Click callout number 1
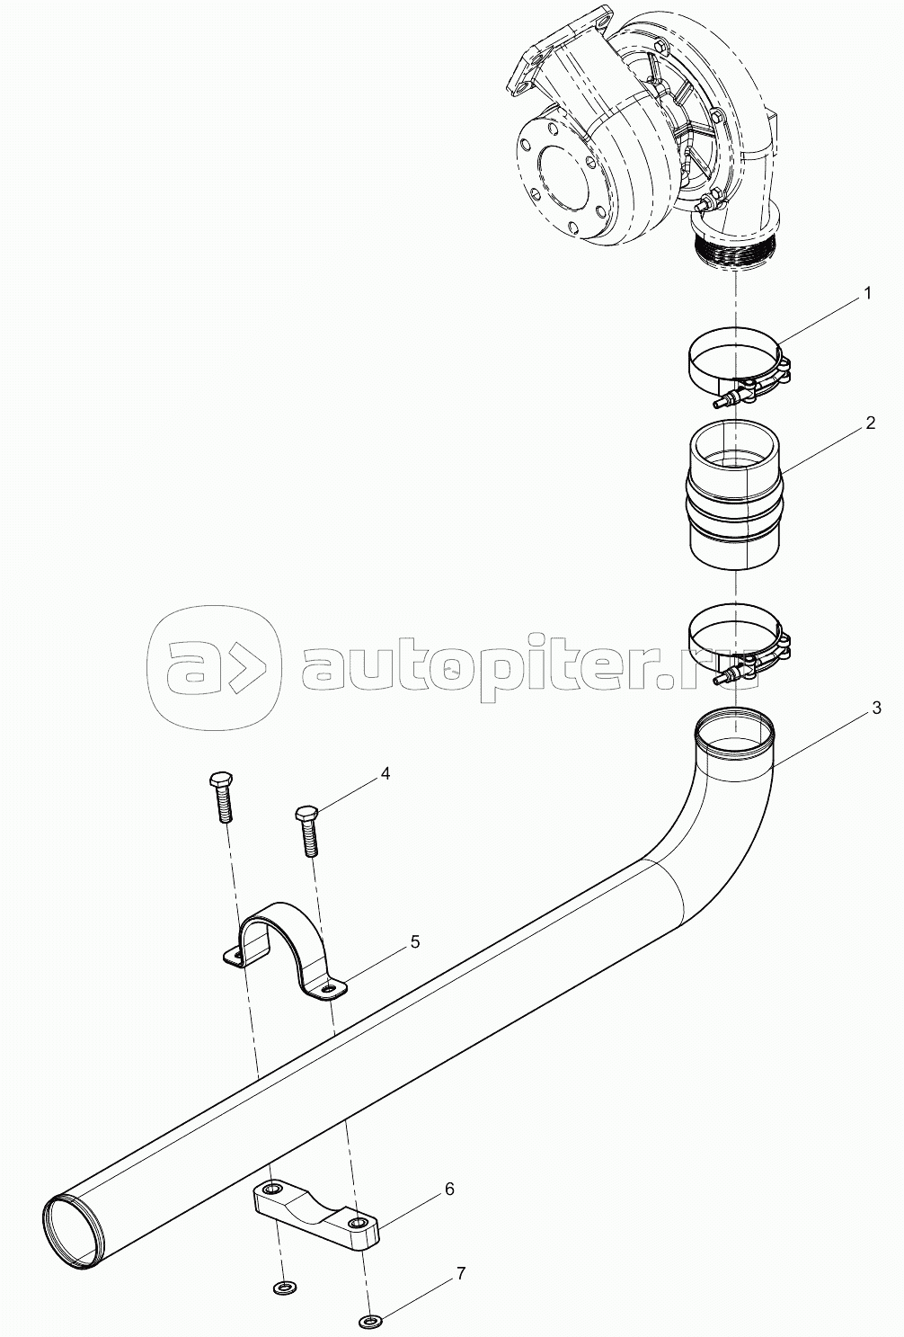(x=868, y=293)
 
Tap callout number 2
(x=871, y=423)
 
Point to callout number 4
(x=385, y=772)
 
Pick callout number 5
(x=414, y=941)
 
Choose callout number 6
(x=449, y=1189)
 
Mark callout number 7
(x=460, y=1273)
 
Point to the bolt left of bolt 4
(x=221, y=795)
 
